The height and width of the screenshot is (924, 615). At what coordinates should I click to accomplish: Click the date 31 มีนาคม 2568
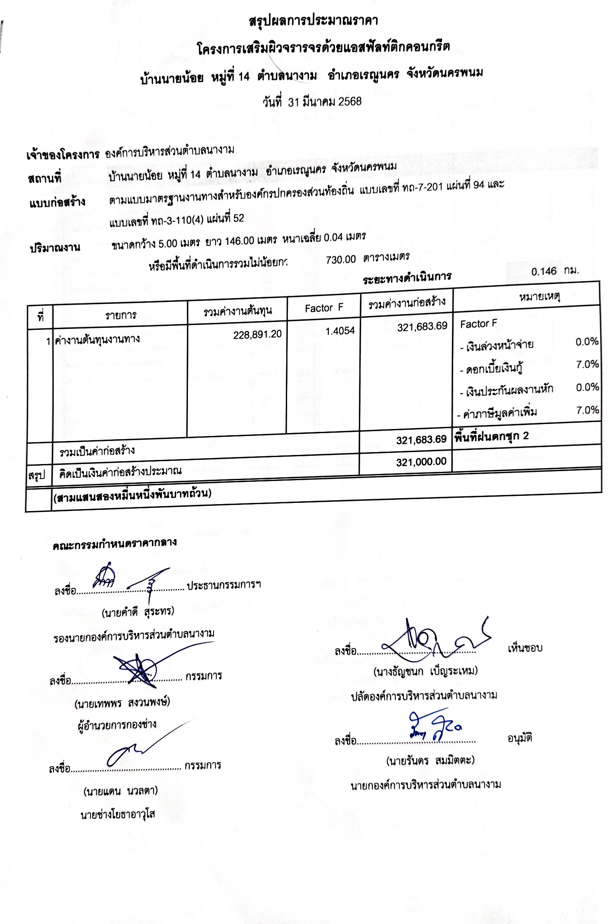click(324, 102)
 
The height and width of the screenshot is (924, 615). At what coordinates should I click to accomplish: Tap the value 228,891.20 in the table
click(257, 334)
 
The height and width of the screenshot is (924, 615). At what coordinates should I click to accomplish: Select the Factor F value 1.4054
click(340, 331)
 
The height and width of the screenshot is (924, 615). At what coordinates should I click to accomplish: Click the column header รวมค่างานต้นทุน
click(237, 311)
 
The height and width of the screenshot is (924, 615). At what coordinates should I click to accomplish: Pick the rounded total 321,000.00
click(421, 462)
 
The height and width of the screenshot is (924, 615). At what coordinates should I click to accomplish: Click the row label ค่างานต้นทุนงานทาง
click(97, 340)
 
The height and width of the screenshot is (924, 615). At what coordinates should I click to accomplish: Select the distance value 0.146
click(544, 271)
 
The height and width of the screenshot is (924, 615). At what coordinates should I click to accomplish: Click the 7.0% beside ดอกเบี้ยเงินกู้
click(587, 365)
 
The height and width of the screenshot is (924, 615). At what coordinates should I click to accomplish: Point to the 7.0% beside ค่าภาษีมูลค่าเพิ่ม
click(587, 410)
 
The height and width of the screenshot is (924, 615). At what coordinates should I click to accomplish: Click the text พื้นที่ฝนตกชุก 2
click(492, 437)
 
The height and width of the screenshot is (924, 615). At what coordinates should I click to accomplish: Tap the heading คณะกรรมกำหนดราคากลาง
click(115, 543)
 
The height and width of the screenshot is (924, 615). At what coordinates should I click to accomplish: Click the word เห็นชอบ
click(525, 648)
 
